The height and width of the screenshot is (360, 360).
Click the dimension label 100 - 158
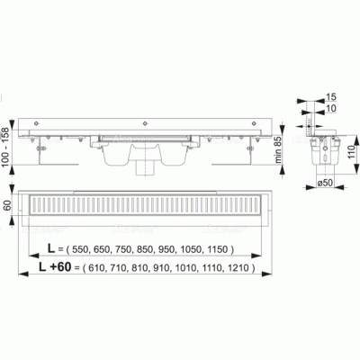(x=5, y=147)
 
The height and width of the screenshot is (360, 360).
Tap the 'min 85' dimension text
(x=279, y=149)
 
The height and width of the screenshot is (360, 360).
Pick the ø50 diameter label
(x=325, y=183)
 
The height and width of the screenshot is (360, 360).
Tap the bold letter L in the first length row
(x=51, y=248)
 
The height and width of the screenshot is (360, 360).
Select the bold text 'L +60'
(x=55, y=267)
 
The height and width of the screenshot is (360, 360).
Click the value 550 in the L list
(x=80, y=249)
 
